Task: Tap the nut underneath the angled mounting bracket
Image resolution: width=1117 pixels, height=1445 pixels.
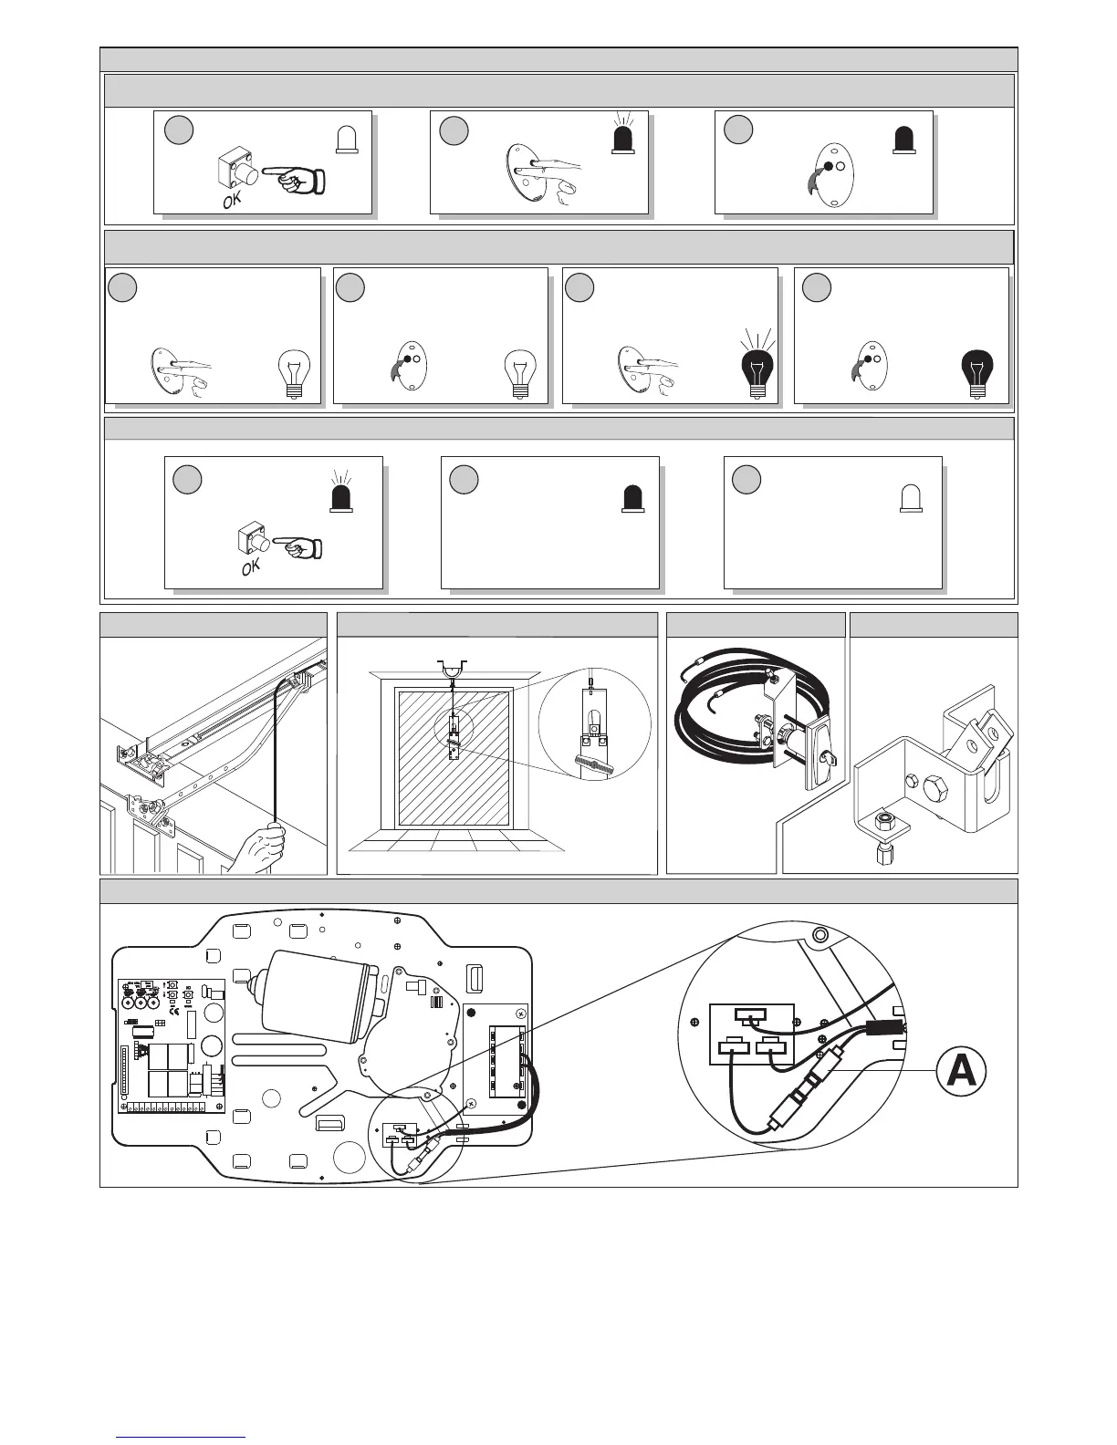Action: tap(884, 826)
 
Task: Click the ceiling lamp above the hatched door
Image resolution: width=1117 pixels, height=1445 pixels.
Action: tap(452, 671)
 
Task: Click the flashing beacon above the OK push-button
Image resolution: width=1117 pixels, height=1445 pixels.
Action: tap(340, 497)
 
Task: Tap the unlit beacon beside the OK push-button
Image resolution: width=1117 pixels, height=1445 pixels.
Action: tap(347, 137)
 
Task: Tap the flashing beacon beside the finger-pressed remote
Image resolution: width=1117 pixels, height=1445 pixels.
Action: tap(624, 137)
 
